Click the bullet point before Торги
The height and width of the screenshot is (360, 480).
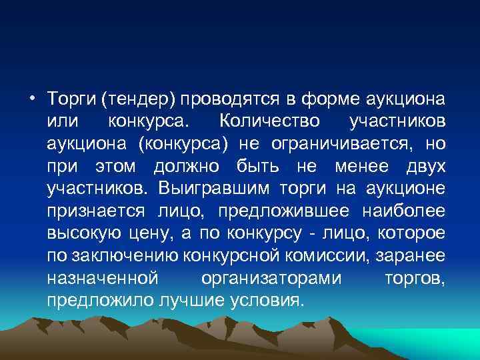[x=33, y=99]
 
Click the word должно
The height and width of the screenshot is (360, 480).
[x=189, y=167]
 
